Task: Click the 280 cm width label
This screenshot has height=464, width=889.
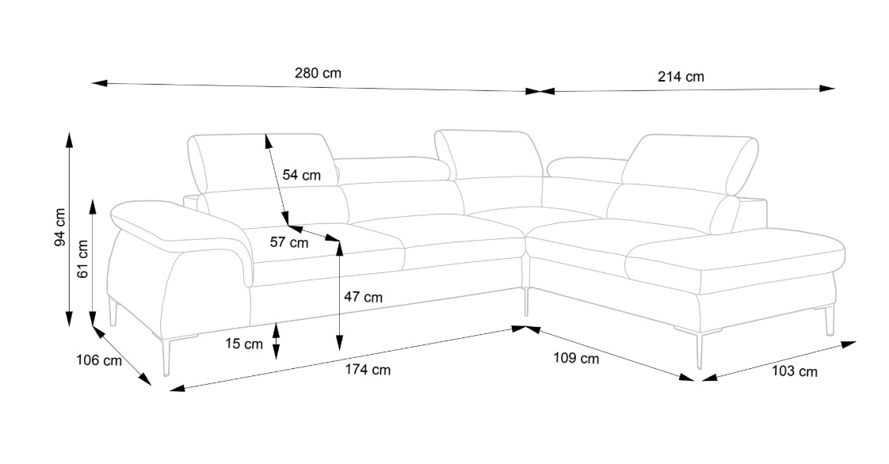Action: pos(318,73)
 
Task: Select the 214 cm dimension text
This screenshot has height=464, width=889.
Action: pos(681,77)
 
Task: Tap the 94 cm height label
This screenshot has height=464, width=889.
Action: pos(60,227)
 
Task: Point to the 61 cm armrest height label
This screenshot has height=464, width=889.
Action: pos(82,259)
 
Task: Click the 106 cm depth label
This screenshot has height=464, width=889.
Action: pos(99,360)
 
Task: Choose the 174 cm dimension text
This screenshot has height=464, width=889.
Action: pos(368,370)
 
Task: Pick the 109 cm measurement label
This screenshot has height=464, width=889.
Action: pos(576,358)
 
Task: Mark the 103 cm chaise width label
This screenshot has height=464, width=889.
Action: pos(795,371)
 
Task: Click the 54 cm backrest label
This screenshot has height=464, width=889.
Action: pos(302,175)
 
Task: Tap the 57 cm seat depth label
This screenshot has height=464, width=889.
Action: pos(289,243)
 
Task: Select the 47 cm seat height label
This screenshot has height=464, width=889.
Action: pos(364,298)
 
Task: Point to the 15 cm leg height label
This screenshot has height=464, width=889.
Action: pos(244,344)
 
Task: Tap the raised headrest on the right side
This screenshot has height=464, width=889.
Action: pos(689,164)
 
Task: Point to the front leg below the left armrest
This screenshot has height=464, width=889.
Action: pos(166,357)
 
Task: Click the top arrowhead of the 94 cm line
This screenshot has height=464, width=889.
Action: pos(69,141)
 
